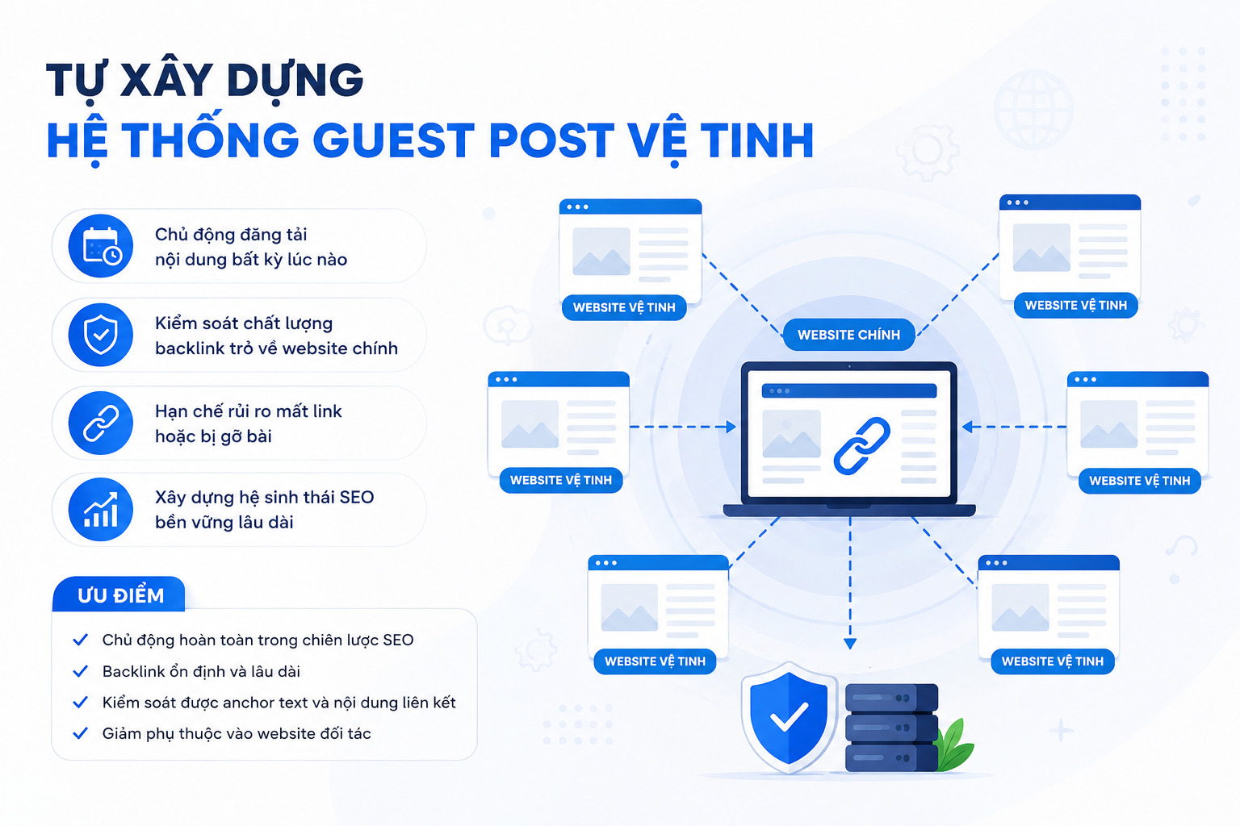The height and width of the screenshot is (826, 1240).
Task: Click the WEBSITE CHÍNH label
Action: tap(848, 335)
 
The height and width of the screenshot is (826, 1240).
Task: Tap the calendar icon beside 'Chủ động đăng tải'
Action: tap(101, 246)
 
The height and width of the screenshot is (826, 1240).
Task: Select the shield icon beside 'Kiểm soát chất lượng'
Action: tap(101, 335)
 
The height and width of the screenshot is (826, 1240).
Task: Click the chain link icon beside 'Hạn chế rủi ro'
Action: tap(101, 423)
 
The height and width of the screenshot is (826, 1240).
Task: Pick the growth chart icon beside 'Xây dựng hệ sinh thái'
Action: tap(101, 510)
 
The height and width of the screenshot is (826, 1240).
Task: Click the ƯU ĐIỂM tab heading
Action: tap(120, 595)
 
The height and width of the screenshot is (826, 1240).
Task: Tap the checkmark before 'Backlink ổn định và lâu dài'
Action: tap(81, 671)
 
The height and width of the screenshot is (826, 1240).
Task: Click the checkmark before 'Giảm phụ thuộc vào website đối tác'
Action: tap(81, 733)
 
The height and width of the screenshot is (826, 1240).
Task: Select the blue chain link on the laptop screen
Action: tap(862, 445)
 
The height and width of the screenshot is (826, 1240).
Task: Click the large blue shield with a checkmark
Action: tap(788, 718)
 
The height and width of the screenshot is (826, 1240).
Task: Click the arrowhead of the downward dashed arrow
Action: tap(850, 644)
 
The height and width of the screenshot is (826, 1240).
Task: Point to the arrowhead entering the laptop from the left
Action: tap(731, 427)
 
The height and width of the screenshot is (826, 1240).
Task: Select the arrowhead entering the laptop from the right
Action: tap(968, 427)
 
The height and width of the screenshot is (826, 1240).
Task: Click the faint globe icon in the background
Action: tap(1033, 110)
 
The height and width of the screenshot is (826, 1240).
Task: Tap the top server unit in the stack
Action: tap(891, 698)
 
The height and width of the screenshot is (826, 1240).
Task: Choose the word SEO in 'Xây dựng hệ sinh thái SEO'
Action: tap(357, 498)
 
